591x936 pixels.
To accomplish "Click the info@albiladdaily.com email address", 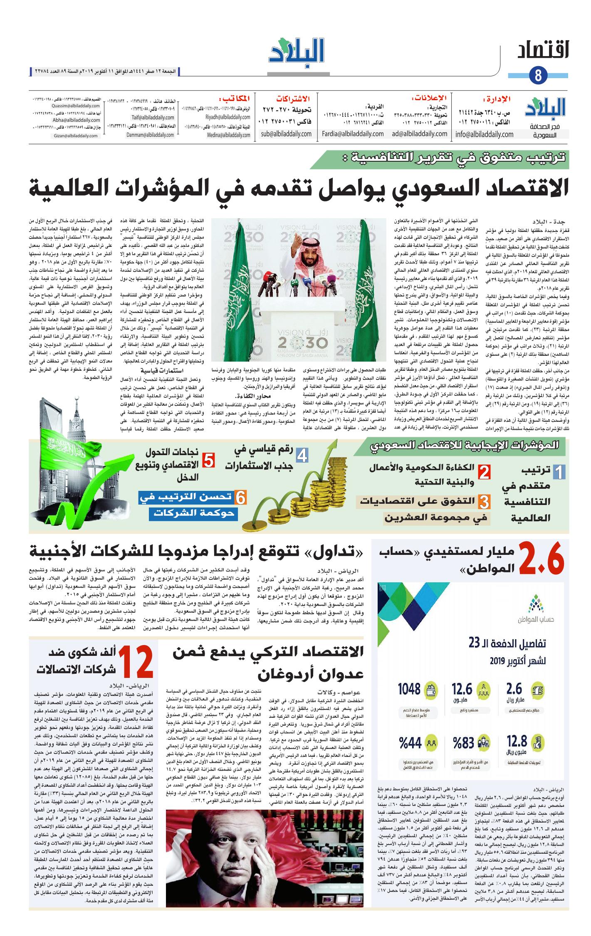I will [x=485, y=134].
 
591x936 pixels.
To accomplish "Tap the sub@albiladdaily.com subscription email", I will [x=286, y=134].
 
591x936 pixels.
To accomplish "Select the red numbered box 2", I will [x=484, y=472].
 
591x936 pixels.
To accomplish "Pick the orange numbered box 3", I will [x=483, y=502].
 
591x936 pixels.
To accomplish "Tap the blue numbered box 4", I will [x=302, y=456].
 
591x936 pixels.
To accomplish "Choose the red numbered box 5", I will [x=208, y=460].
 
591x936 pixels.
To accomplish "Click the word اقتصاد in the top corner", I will [x=544, y=53].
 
